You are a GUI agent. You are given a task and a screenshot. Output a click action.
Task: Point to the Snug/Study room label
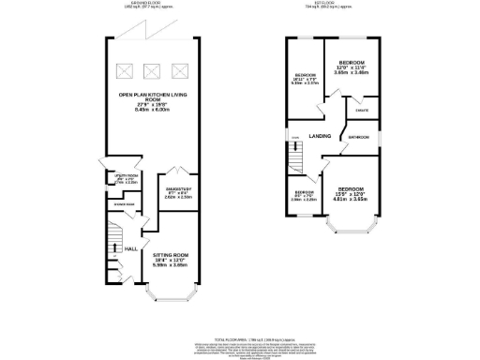[x=178, y=192]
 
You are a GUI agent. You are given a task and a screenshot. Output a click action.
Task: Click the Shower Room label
[x=124, y=203]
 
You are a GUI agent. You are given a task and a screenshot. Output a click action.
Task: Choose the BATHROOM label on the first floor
[x=359, y=137]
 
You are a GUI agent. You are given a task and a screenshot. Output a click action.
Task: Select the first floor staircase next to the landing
[x=293, y=150]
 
